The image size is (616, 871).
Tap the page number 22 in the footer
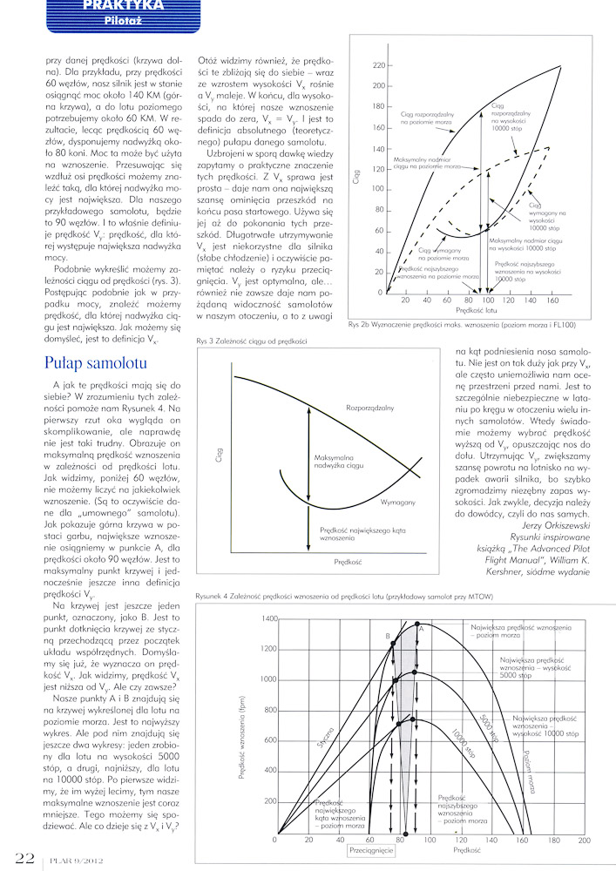click(x=18, y=857)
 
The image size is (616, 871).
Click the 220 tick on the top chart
click(x=380, y=65)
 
